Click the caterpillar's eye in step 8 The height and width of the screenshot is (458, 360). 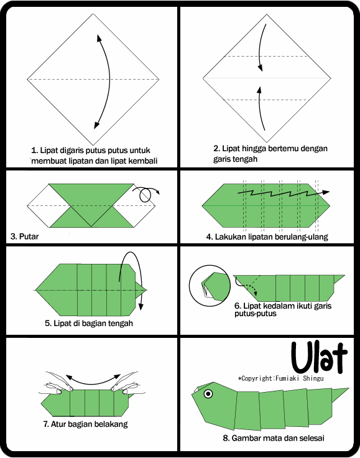[x=207, y=393]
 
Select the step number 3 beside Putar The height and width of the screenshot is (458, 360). [x=13, y=236]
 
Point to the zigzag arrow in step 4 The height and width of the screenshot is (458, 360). [x=283, y=194]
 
